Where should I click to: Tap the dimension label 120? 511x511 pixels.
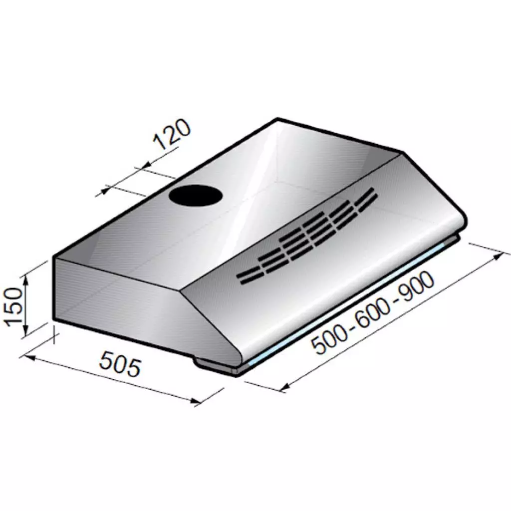(171, 135)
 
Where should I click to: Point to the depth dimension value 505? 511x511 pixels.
(119, 363)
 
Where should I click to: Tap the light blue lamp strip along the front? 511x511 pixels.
(349, 307)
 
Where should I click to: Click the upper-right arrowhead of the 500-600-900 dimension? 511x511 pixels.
(497, 256)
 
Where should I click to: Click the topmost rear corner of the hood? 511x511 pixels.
(278, 119)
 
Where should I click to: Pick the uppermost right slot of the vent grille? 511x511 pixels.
(368, 192)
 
